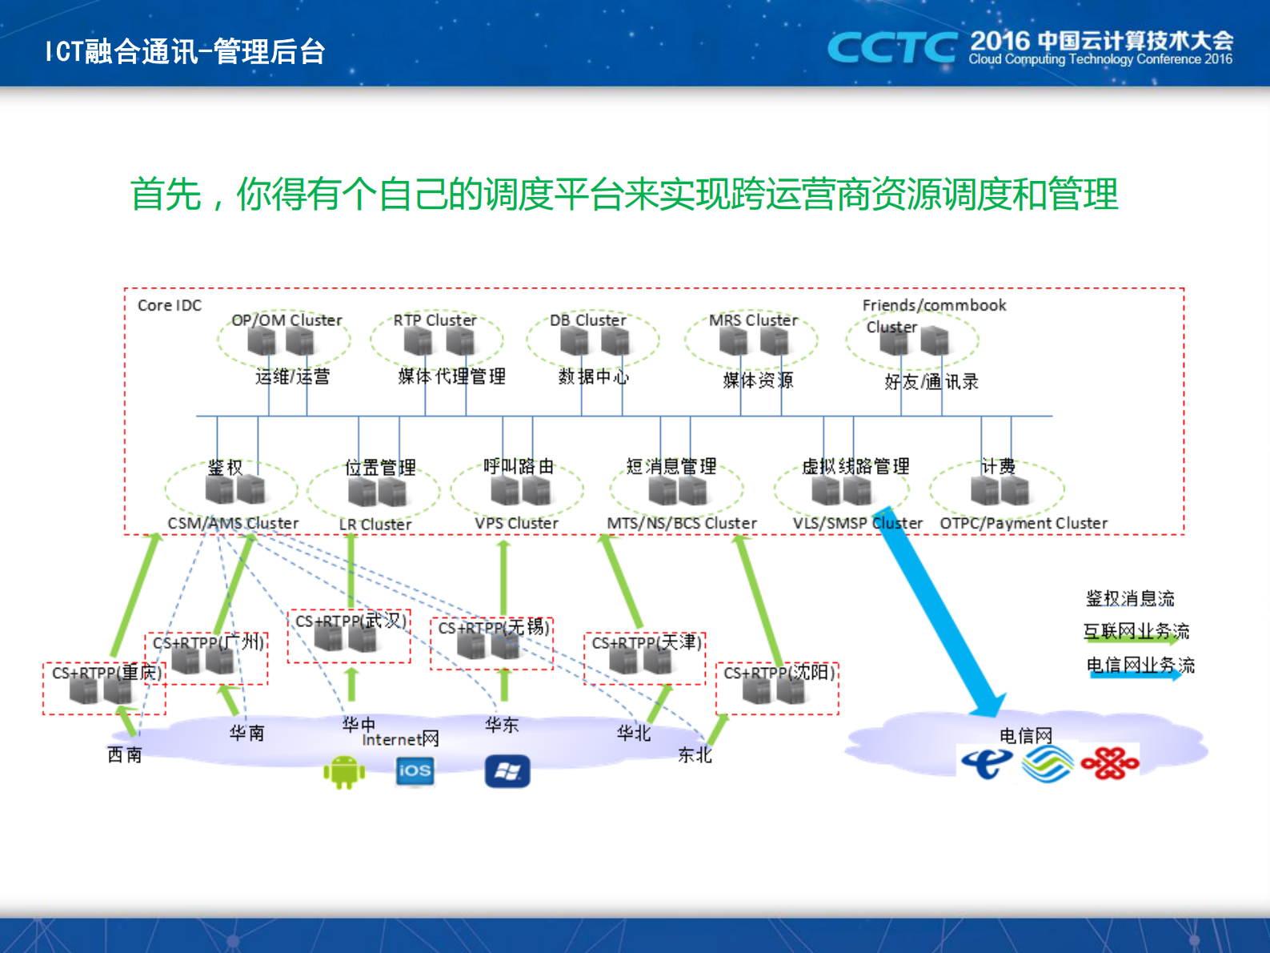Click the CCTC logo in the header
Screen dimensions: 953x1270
[x=891, y=48]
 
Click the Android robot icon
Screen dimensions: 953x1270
[x=344, y=772]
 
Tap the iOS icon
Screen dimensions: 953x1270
[x=415, y=771]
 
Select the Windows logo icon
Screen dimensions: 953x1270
[x=507, y=772]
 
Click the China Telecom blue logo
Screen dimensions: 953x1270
[x=986, y=763]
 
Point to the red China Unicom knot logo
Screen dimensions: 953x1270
[x=1110, y=763]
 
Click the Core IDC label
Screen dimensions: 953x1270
[x=170, y=305]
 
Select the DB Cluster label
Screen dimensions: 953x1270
[x=588, y=320]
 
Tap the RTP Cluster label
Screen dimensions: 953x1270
[x=435, y=320]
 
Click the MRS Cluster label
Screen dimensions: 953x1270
[x=753, y=320]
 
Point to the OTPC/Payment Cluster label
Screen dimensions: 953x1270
[x=1024, y=523]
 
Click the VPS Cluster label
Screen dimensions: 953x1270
[x=516, y=523]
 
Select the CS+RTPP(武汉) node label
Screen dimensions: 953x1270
[x=351, y=621]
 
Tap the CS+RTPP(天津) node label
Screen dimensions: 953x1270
[x=647, y=643]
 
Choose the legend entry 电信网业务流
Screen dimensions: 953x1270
[x=1140, y=665]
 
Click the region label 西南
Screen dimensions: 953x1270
[x=125, y=754]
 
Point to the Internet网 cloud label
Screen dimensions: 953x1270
[x=400, y=739]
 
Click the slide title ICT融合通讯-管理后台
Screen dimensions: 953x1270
[x=185, y=51]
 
